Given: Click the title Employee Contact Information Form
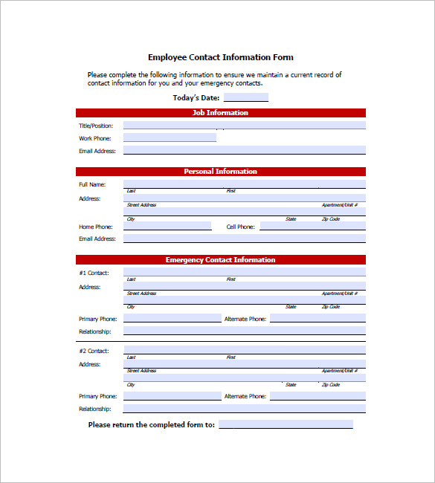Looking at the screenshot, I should pos(220,57).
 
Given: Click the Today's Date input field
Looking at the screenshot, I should pos(245,97).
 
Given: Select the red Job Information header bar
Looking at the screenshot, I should pos(220,113).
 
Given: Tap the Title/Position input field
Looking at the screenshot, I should pos(244,126).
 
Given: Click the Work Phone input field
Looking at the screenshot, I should pos(170,137).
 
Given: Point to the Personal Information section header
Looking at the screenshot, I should pos(220,172).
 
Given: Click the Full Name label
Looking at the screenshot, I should pos(92,184).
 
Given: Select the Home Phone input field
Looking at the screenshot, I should pos(167,226).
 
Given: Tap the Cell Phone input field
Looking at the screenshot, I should pos(312,226).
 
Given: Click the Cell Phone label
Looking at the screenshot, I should pos(241,227).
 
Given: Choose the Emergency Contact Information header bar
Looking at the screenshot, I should pos(220,260).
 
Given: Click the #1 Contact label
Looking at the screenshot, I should pos(94,273).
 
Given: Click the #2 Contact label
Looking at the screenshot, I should pos(94,351).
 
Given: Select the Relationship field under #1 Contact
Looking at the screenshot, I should pos(244,331).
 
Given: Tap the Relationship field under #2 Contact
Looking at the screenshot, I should pos(244,409).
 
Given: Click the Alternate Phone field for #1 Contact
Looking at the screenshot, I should pos(318,318).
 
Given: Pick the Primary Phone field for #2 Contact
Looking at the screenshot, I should pos(172,396).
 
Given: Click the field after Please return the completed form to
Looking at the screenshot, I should pos(286,424).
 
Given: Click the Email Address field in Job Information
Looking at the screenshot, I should pos(244,150).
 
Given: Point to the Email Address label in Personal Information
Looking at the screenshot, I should pos(97,239).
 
